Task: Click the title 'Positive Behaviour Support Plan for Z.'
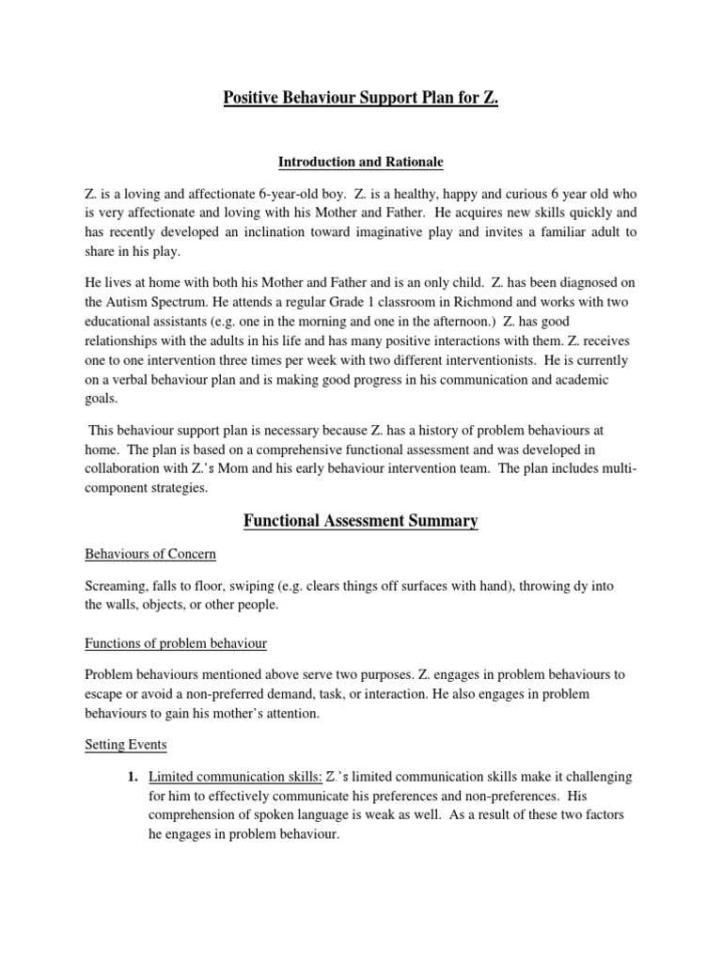click(x=361, y=98)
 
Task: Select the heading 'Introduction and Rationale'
click(x=361, y=163)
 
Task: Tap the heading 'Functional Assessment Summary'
click(x=361, y=520)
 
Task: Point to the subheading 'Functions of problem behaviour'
click(x=176, y=643)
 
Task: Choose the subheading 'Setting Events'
click(x=126, y=745)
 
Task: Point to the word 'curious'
click(x=465, y=193)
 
